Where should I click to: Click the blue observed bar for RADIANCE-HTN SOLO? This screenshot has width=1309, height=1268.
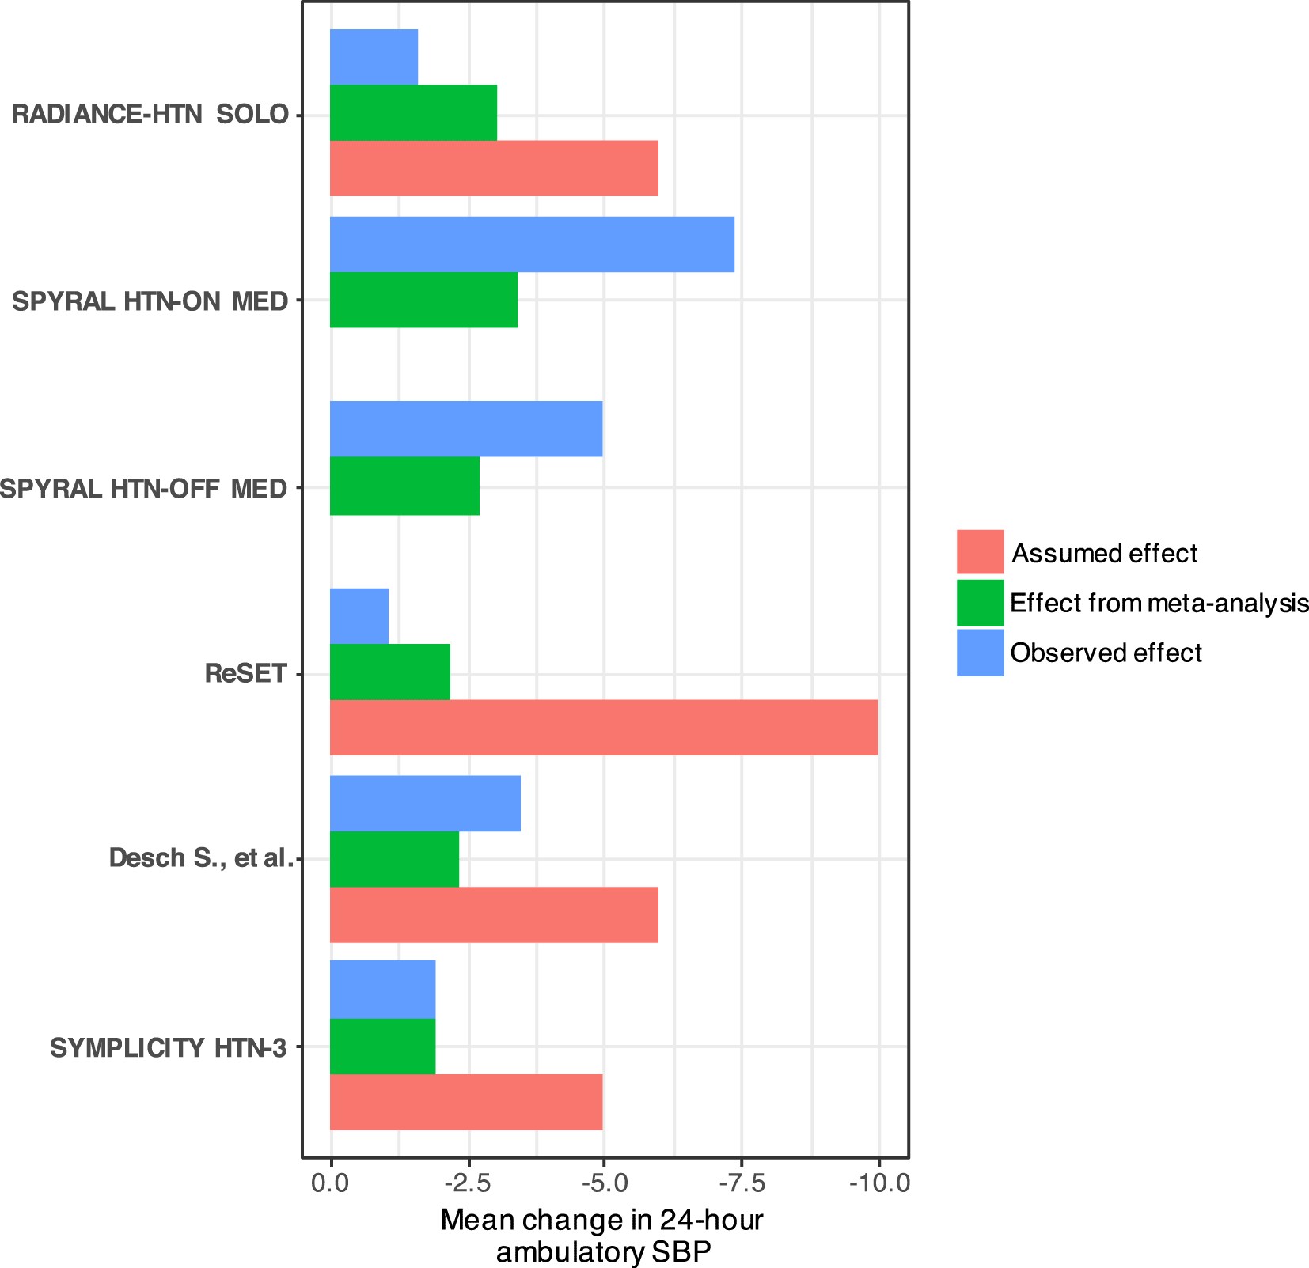coord(374,57)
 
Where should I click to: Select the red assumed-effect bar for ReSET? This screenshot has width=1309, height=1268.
coord(603,727)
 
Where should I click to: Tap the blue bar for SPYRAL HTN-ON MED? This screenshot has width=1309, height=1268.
coord(532,244)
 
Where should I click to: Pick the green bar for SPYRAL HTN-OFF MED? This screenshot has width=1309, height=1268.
coord(404,486)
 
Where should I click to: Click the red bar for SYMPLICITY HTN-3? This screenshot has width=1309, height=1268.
coord(465,1101)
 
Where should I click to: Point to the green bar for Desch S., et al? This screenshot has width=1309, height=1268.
coord(394,859)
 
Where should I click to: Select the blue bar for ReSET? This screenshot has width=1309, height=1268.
coord(359,615)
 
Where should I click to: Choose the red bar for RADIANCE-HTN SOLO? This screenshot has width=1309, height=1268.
coord(494,168)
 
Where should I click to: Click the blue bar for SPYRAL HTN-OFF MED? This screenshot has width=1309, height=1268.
coord(465,429)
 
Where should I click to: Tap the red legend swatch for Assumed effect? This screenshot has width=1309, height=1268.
coord(980,551)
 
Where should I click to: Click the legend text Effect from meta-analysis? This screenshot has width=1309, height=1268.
coord(1159,604)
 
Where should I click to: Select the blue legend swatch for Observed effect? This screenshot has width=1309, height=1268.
coord(980,653)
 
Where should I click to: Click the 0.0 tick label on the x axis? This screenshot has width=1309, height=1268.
coord(330,1184)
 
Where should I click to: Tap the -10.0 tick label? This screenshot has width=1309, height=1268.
coord(879,1184)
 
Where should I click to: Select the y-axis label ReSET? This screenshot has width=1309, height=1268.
coord(245,674)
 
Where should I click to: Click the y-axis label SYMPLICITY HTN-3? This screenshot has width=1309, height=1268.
coord(168,1047)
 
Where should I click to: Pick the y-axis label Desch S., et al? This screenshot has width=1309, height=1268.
coord(201,858)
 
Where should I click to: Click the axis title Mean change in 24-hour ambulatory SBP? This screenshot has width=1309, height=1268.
coord(602,1236)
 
